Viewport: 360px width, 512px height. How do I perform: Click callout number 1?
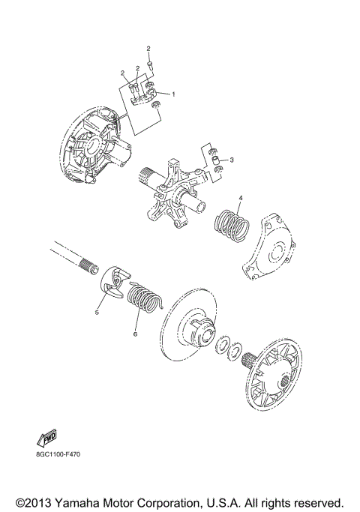[x=173, y=94]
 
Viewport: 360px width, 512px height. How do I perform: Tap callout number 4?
[x=240, y=198]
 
